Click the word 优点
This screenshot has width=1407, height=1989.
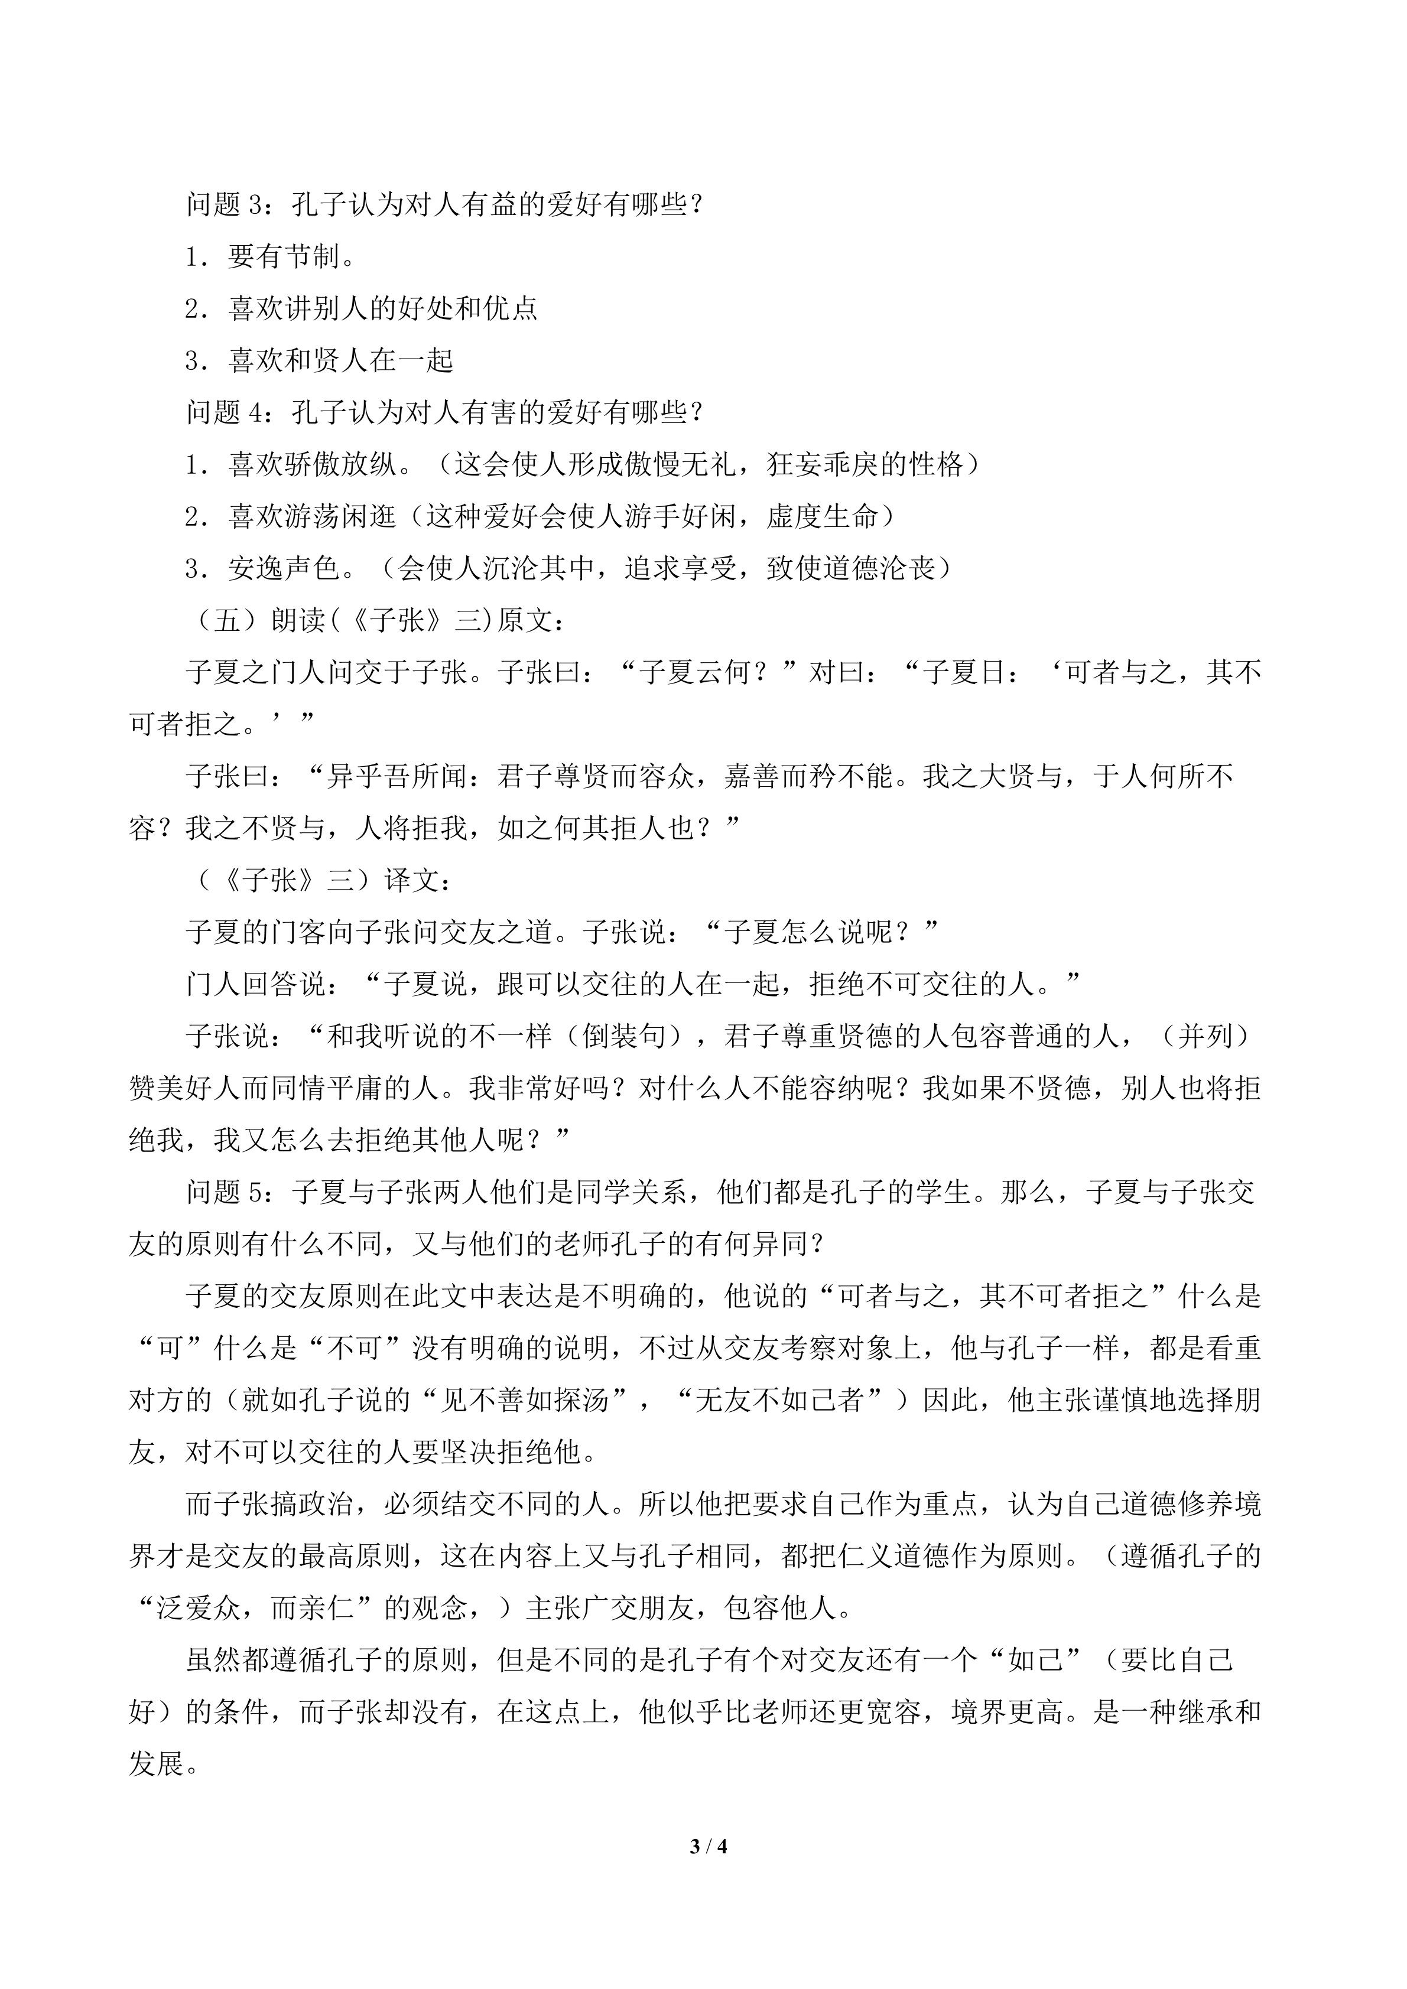pos(511,310)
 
